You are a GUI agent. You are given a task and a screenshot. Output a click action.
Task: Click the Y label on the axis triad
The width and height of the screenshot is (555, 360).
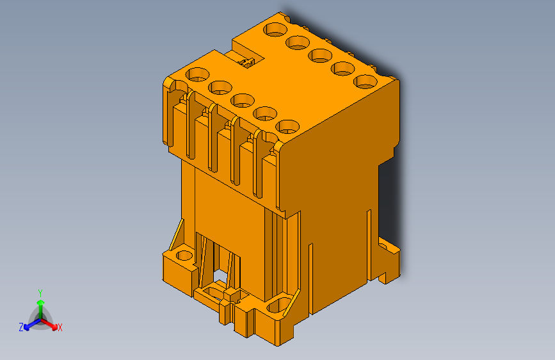40,291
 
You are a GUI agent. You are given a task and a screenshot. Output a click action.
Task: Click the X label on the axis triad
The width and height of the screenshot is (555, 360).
60,327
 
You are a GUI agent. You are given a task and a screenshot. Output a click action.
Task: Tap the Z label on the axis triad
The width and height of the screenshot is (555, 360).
21,327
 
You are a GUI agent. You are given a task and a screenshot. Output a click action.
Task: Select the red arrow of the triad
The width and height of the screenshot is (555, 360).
51,323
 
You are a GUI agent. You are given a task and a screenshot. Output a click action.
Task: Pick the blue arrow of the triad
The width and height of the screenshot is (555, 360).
29,323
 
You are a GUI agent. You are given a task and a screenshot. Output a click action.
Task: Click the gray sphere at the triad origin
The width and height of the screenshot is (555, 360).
40,318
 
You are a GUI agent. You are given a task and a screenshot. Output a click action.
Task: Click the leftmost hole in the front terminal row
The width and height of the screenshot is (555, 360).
197,74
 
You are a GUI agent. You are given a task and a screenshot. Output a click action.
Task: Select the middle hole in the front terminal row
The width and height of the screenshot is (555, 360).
242,100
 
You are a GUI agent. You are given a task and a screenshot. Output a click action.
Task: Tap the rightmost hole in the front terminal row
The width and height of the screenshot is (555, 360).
287,126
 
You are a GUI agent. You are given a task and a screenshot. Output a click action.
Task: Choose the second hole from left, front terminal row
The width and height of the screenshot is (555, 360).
220,86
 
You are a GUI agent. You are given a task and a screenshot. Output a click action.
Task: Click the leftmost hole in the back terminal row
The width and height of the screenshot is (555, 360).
276,29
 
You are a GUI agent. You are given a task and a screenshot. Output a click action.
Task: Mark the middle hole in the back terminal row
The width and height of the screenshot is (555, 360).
321,55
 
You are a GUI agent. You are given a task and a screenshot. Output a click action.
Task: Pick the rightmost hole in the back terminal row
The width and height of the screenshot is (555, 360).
365,81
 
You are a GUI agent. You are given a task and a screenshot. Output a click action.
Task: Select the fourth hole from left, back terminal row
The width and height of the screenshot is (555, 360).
343,68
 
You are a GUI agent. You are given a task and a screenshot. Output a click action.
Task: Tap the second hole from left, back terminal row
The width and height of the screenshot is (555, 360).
298,42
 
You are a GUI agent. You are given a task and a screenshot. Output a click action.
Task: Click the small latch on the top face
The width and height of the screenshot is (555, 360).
246,61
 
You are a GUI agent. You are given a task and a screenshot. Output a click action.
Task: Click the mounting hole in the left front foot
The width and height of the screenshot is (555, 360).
184,256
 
